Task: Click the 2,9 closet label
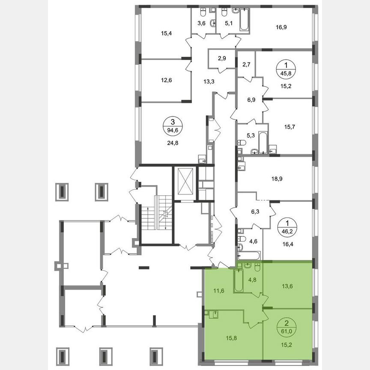222,58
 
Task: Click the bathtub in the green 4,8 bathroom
239,281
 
